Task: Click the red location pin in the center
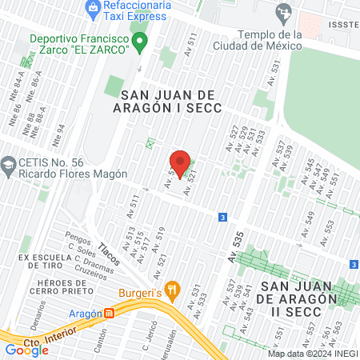[x=180, y=163]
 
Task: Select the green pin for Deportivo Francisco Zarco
[x=140, y=41]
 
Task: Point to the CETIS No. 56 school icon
[x=8, y=166]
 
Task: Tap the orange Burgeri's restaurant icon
[x=170, y=289]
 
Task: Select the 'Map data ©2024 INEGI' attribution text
[x=312, y=354]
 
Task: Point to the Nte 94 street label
[x=57, y=134]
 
